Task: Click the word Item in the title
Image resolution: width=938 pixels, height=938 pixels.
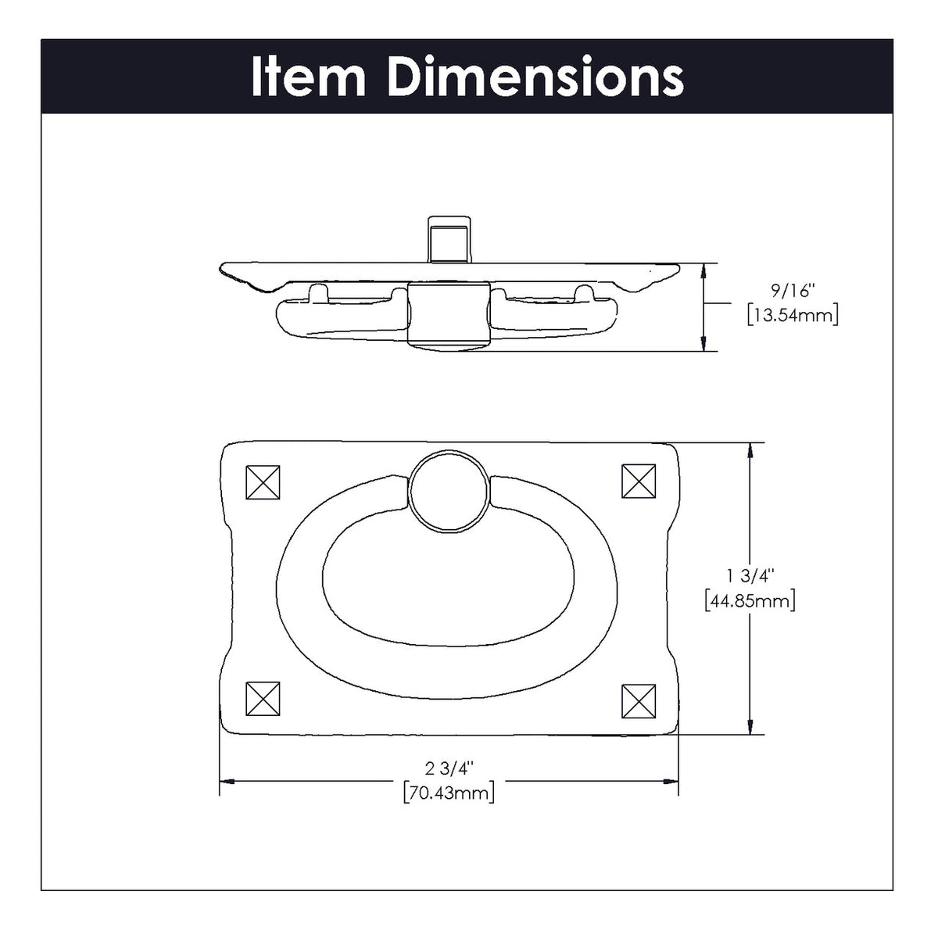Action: (308, 77)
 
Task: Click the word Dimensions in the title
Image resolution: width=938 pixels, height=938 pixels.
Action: (535, 77)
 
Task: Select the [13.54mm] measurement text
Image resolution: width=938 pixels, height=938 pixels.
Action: (792, 316)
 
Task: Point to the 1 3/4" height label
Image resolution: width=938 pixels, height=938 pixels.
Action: (750, 577)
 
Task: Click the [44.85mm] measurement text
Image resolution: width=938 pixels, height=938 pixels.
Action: (750, 601)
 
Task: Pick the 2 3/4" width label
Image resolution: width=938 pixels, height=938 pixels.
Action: (449, 768)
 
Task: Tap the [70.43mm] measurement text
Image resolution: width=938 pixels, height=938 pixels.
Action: (449, 793)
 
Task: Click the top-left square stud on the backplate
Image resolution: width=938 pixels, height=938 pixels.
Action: (263, 482)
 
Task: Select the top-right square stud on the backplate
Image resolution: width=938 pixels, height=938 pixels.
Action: (639, 481)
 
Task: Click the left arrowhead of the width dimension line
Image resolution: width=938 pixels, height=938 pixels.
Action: (227, 780)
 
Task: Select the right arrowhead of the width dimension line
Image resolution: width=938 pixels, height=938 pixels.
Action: (671, 780)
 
